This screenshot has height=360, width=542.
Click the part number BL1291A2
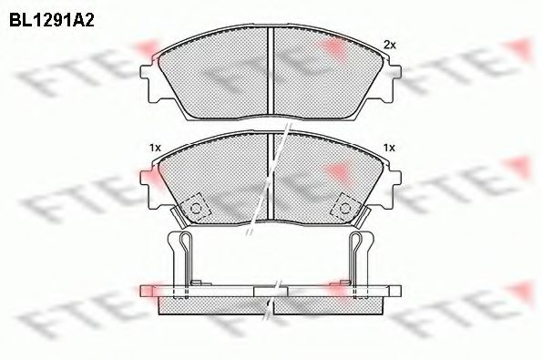(52, 20)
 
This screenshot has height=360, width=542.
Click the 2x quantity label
(390, 45)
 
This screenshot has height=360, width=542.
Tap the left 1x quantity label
(155, 148)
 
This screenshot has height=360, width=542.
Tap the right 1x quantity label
(389, 148)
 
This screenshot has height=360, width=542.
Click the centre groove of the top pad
(271, 71)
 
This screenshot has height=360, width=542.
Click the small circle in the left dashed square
(197, 209)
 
